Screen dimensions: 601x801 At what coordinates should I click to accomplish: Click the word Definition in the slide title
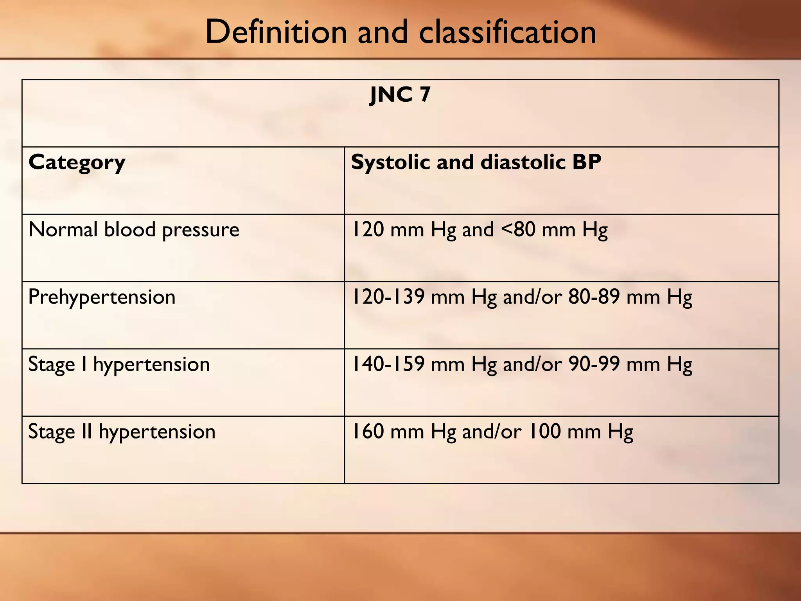coord(276,32)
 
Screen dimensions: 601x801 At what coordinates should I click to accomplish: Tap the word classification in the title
coord(507,32)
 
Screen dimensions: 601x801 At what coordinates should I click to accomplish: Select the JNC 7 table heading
coord(400,95)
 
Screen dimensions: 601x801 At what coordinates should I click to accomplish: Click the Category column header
coord(77,163)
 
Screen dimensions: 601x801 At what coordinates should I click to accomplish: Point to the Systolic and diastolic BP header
coord(476,162)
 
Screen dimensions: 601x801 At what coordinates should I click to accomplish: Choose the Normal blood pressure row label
coord(134,230)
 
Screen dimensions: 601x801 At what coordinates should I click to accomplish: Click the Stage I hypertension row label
coord(119,365)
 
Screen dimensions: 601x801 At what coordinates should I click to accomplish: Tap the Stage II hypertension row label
coord(122,432)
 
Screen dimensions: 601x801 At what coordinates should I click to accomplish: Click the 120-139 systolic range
coord(388,297)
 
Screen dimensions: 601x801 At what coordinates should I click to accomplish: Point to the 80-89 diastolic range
coord(594,297)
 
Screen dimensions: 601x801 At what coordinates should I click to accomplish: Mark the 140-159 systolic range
coord(388,364)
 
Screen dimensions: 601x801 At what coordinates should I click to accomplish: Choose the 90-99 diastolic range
coord(594,364)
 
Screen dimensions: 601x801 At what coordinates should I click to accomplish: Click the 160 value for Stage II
coord(368,432)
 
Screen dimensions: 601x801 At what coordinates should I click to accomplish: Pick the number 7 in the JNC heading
coord(425,95)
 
